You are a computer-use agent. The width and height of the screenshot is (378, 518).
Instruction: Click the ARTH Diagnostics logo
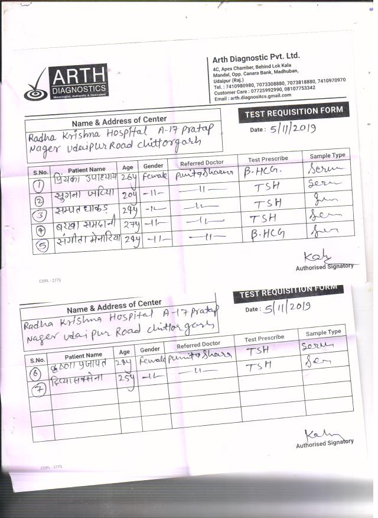[x=66, y=82]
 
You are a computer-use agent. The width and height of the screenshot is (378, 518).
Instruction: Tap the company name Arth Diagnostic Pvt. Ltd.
[x=256, y=57]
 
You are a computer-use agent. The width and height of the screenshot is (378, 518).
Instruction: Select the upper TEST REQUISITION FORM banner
[x=290, y=112]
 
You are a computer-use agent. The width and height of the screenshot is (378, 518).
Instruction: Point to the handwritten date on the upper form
[x=292, y=128]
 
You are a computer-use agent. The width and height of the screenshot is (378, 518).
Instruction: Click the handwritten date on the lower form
[x=288, y=307]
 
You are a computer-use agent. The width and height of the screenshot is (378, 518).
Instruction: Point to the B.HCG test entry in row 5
[x=264, y=235]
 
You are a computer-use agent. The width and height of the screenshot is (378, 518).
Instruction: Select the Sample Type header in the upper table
[x=327, y=156]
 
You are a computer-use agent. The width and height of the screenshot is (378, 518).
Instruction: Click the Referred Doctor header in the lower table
[x=198, y=344]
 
